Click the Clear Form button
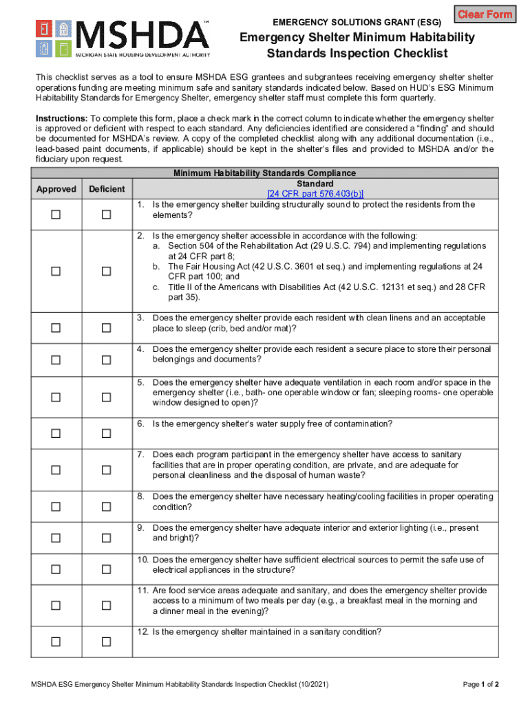(485, 14)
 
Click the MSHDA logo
(123, 38)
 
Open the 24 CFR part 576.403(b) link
(315, 194)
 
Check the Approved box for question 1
(56, 215)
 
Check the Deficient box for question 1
(106, 215)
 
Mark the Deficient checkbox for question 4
(106, 360)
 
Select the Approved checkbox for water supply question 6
(56, 433)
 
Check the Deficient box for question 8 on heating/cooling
(106, 507)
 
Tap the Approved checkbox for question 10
(56, 569)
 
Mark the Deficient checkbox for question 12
(106, 641)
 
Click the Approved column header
(56, 189)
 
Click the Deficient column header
(106, 189)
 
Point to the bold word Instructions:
(61, 118)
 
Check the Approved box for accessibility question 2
(56, 272)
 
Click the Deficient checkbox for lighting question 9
(106, 538)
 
